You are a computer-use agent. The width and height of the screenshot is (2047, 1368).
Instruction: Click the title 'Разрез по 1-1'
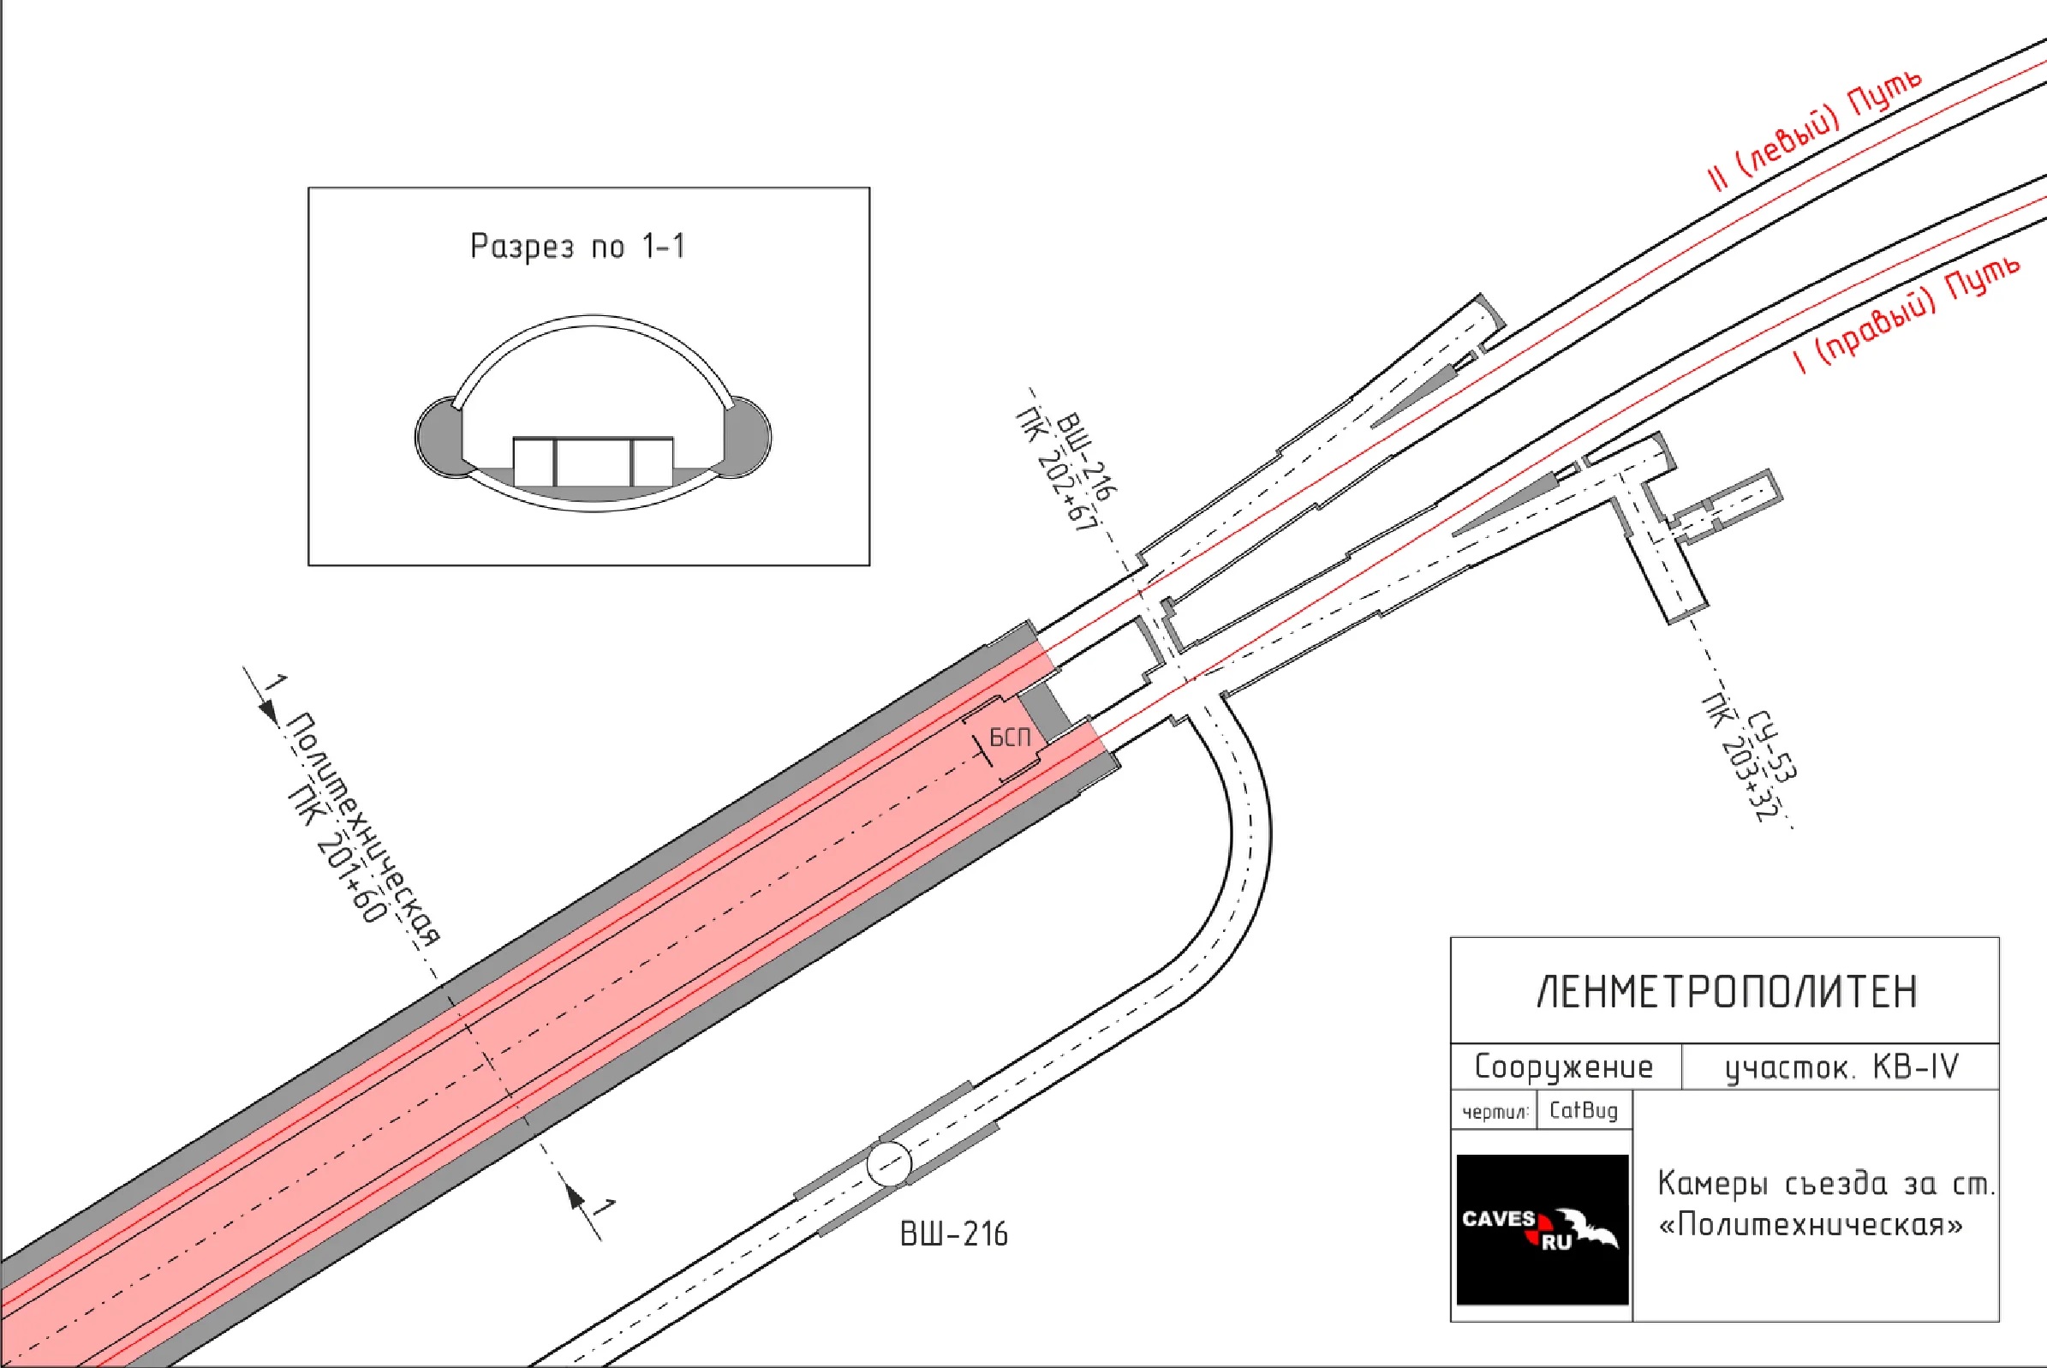[x=577, y=246]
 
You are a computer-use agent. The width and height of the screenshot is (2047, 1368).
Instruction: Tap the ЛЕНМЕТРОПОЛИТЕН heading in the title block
[x=1727, y=992]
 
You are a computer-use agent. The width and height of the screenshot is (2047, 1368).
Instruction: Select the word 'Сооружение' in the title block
[x=1564, y=1066]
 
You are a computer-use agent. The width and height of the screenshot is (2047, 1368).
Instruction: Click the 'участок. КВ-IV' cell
[x=1841, y=1067]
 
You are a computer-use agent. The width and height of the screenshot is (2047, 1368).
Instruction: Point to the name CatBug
[x=1583, y=1110]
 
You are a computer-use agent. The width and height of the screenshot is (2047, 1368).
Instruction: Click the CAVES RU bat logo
[x=1542, y=1229]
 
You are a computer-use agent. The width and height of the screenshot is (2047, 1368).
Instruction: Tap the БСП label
[x=1010, y=738]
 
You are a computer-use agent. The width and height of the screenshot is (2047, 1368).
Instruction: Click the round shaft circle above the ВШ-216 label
[x=889, y=1163]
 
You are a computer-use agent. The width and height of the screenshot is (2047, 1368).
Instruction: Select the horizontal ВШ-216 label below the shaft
[x=953, y=1234]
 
